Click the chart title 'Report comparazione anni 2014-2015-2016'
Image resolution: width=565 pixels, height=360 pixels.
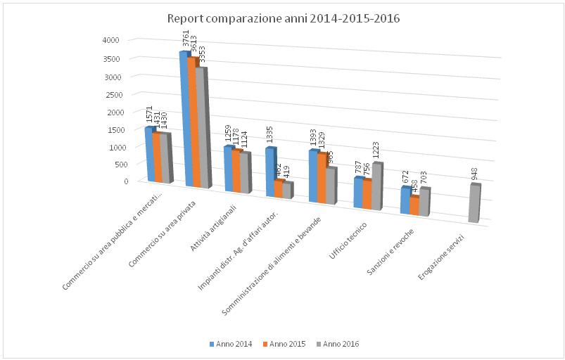tap(283, 18)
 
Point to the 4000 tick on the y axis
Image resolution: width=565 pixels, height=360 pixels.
tap(120, 41)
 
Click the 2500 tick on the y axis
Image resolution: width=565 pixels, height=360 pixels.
tap(120, 94)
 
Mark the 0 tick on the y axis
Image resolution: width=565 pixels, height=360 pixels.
tap(126, 181)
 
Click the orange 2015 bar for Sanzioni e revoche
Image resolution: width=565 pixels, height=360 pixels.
tap(414, 206)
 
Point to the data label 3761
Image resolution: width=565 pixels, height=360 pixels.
tap(186, 40)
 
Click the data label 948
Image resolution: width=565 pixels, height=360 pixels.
tap(475, 172)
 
